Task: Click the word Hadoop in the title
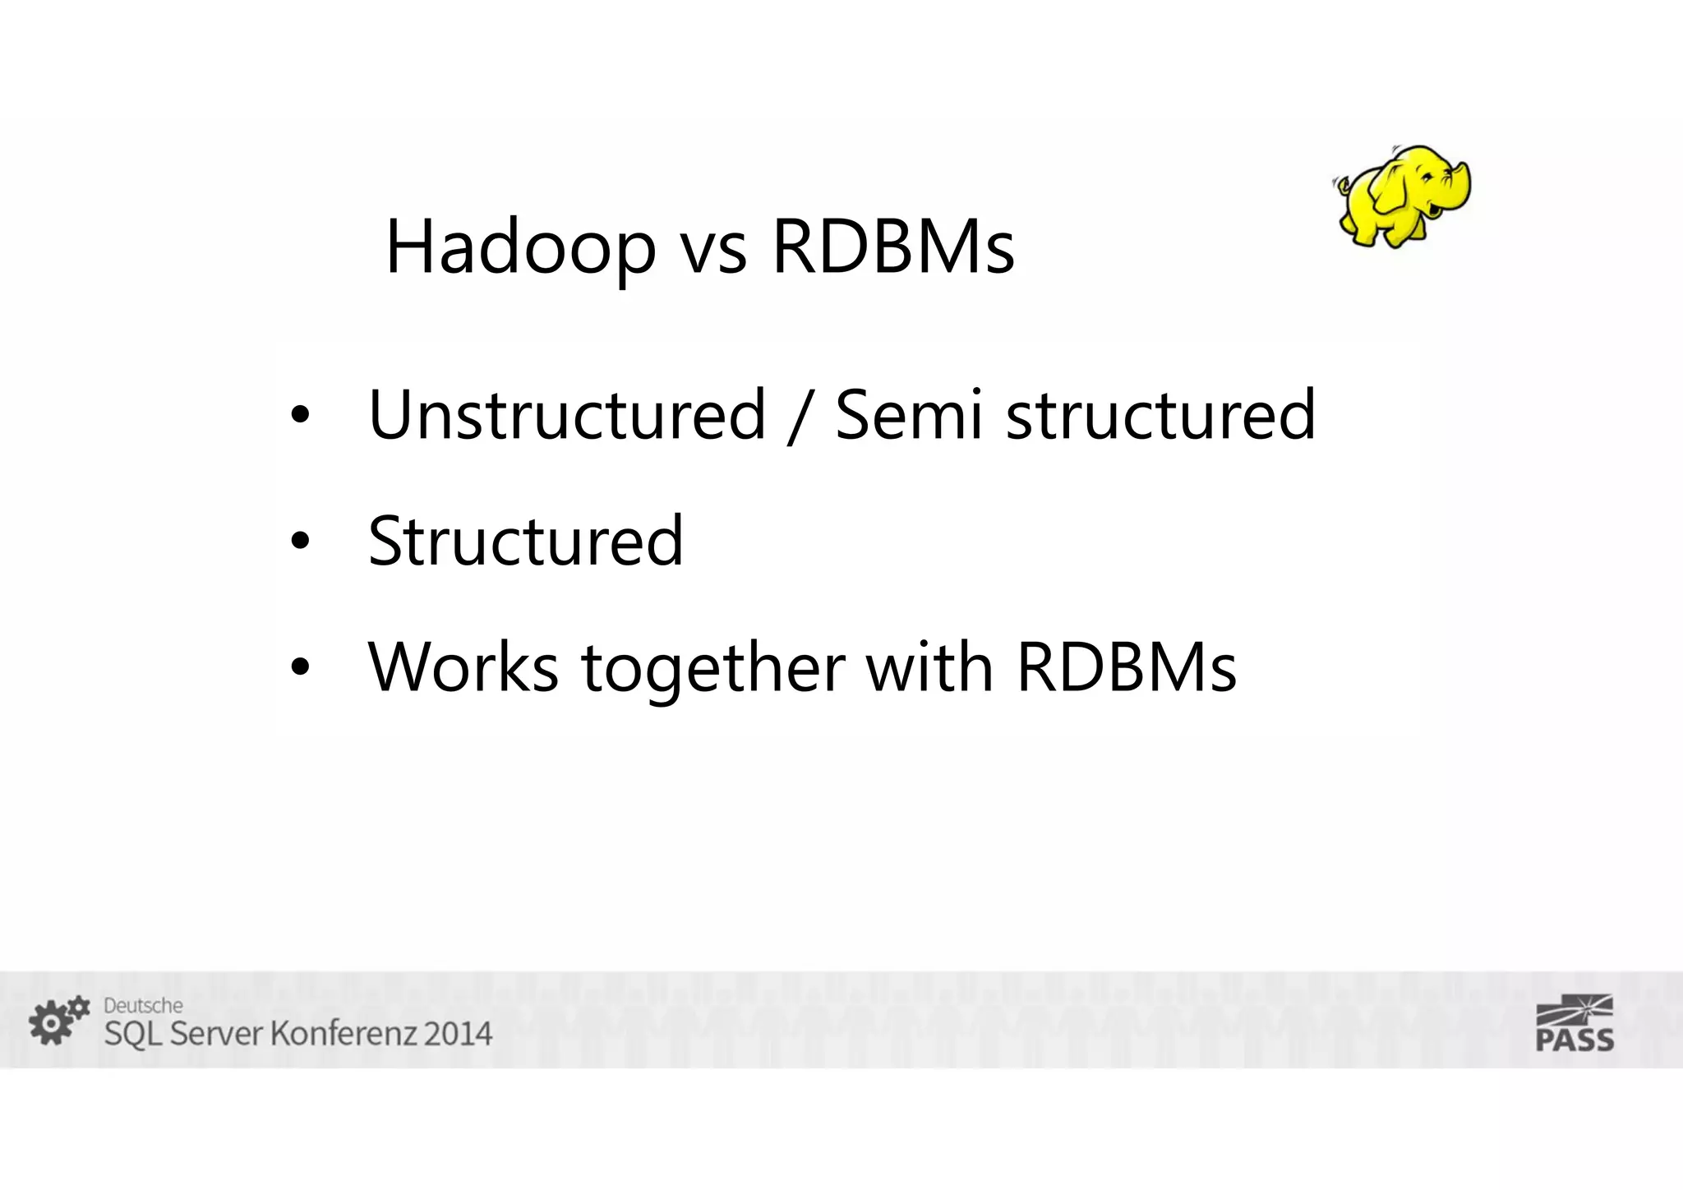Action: tap(520, 247)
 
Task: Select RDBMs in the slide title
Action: tap(893, 247)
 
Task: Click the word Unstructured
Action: tap(567, 415)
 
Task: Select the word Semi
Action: tap(908, 415)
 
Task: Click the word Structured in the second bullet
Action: tap(526, 541)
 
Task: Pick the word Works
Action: tap(463, 666)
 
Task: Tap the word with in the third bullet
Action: tap(929, 666)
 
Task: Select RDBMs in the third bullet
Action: tap(1126, 666)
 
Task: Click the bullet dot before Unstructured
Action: tap(300, 415)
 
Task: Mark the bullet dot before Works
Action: tap(300, 667)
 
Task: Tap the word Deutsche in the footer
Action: tap(143, 1005)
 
